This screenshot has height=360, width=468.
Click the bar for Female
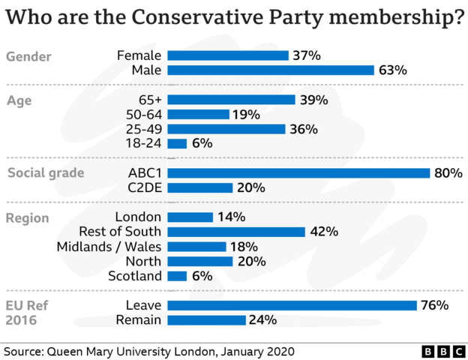[x=228, y=55]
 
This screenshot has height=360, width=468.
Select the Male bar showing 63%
[x=271, y=70]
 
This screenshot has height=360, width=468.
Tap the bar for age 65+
[x=231, y=100]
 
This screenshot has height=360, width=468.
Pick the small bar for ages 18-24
[x=177, y=143]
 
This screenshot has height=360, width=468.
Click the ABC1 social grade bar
[x=298, y=173]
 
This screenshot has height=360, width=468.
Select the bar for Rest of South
[x=236, y=232]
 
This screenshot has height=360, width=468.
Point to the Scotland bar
[x=177, y=276]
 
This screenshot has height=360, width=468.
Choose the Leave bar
[x=292, y=305]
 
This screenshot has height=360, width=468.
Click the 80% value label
[x=448, y=173]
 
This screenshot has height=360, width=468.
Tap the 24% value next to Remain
[x=263, y=320]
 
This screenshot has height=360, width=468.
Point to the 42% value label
[x=323, y=232]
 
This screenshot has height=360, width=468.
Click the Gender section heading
[x=28, y=56]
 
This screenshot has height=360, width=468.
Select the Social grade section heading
[x=45, y=174]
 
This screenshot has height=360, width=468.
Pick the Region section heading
[x=28, y=218]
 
